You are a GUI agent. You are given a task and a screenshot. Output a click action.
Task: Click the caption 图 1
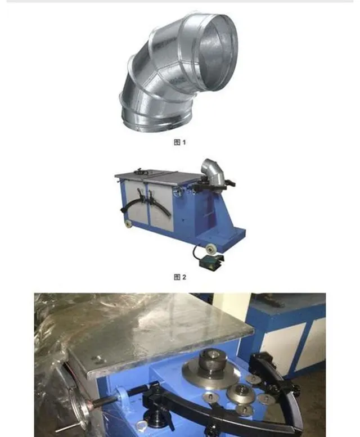coord(179,142)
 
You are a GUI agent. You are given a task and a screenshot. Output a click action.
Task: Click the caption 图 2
coord(180,277)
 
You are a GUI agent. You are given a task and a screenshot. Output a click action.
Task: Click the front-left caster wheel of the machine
coord(128,224)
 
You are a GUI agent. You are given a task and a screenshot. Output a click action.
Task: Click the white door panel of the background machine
coord(283,345)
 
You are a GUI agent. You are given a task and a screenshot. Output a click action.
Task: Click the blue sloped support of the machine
coord(220,212)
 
